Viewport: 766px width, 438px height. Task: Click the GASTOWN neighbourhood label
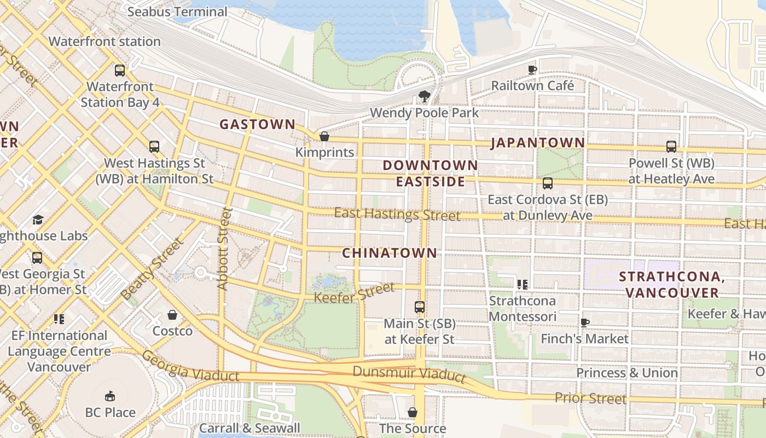(x=257, y=124)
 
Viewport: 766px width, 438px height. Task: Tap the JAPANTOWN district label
(x=537, y=143)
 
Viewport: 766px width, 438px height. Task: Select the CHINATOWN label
(x=389, y=253)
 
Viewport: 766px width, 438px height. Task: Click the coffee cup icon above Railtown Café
(x=532, y=70)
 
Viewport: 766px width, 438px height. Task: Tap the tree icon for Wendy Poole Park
(x=424, y=97)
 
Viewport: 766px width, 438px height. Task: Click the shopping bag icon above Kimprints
(x=324, y=136)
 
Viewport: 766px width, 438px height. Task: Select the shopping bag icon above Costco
(x=172, y=315)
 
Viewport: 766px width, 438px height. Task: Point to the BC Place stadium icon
(x=110, y=396)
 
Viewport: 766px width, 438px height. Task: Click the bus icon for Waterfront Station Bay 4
(x=120, y=71)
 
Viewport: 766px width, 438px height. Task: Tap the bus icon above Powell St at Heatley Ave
(x=671, y=147)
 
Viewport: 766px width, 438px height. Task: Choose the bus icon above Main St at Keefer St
(x=420, y=307)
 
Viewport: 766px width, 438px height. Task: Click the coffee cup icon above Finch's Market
(x=584, y=323)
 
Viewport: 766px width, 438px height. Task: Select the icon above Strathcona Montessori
(x=522, y=285)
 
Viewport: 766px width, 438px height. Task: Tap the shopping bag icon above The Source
(x=413, y=412)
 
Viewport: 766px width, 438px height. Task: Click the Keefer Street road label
(x=354, y=293)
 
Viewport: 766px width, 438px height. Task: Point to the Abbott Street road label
(x=224, y=249)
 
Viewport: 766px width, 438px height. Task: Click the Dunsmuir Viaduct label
(x=409, y=373)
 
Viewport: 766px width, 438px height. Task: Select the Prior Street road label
(x=590, y=398)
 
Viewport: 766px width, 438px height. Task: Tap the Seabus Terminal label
(x=177, y=11)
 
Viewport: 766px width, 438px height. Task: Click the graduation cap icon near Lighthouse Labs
(x=38, y=220)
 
